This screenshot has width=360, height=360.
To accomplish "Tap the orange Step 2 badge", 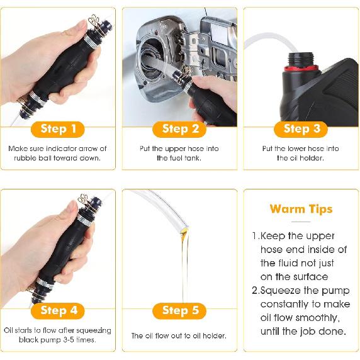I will coord(179,129).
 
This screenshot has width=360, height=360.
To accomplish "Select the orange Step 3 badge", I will coord(301,129).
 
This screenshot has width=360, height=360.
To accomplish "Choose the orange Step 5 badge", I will coord(179,310).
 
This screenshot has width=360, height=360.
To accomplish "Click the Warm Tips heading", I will coord(301,209).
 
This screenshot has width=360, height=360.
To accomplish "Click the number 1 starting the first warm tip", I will coord(255,236).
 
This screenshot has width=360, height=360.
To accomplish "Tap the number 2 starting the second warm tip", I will coord(255,291).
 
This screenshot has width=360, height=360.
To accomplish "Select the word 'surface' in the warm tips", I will coord(308,276).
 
